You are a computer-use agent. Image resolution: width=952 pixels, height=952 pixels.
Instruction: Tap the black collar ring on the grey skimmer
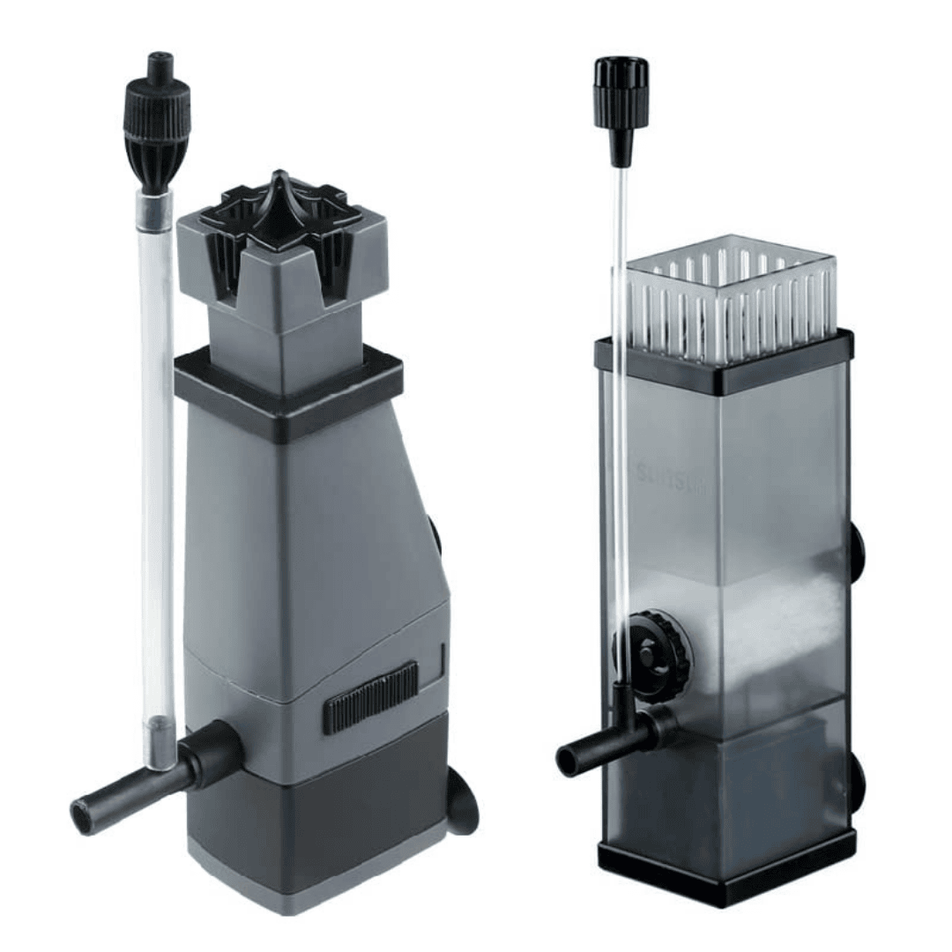click(x=287, y=388)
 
